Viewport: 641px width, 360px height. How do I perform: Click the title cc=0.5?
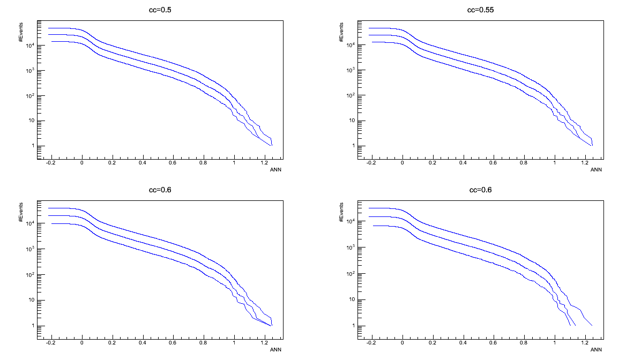pos(160,10)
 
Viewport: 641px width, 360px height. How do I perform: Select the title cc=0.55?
pos(480,10)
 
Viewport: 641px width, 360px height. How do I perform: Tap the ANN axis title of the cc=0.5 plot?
pos(275,170)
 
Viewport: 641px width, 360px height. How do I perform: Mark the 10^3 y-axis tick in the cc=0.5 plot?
pos(31,71)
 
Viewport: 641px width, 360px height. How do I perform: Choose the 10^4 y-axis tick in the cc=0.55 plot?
pos(352,46)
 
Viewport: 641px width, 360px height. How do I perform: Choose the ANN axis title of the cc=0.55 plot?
pos(596,170)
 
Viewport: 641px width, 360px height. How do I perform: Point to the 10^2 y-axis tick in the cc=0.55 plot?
pos(352,96)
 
